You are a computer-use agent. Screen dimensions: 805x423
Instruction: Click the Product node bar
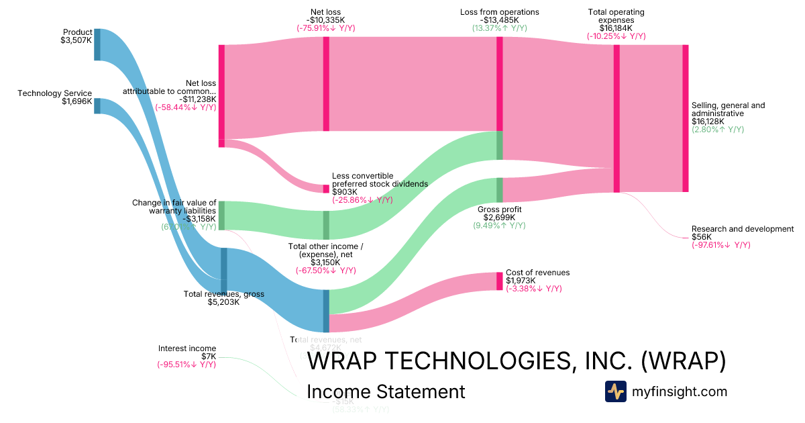click(x=97, y=44)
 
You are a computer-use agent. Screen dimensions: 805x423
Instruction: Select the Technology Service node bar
click(x=97, y=106)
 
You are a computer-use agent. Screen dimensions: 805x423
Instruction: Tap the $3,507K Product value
click(x=76, y=40)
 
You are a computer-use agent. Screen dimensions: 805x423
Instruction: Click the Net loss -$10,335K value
click(x=326, y=20)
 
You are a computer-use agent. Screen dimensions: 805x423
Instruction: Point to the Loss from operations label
click(x=499, y=12)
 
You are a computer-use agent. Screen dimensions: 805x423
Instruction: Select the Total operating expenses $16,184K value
click(x=616, y=28)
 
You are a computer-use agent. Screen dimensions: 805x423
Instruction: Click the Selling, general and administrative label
click(x=728, y=109)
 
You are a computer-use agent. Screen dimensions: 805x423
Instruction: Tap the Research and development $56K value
click(x=702, y=237)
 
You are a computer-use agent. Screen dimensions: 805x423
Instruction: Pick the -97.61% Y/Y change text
click(x=720, y=245)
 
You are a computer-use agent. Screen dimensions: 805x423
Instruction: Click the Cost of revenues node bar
click(x=499, y=281)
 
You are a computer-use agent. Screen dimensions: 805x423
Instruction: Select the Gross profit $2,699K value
click(x=499, y=218)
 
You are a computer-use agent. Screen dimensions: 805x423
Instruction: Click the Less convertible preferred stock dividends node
click(x=326, y=189)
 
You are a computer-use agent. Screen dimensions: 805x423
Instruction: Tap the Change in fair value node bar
click(x=221, y=215)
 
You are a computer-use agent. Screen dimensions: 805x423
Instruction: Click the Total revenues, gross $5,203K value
click(x=223, y=302)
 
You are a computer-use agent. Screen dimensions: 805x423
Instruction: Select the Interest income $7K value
click(x=209, y=357)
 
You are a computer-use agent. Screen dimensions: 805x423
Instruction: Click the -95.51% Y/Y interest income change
click(x=186, y=365)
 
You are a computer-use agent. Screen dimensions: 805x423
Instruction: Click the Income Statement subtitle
click(x=385, y=392)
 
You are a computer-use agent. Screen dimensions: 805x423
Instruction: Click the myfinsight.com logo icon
click(x=615, y=391)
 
